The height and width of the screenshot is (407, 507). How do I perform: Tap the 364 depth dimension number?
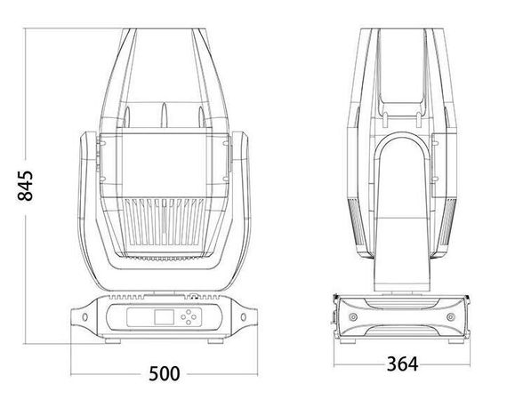point(403,363)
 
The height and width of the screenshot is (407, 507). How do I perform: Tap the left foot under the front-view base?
point(114,340)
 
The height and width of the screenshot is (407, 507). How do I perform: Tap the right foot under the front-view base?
point(213,340)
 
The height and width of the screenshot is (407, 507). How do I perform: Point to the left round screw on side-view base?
point(355,318)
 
